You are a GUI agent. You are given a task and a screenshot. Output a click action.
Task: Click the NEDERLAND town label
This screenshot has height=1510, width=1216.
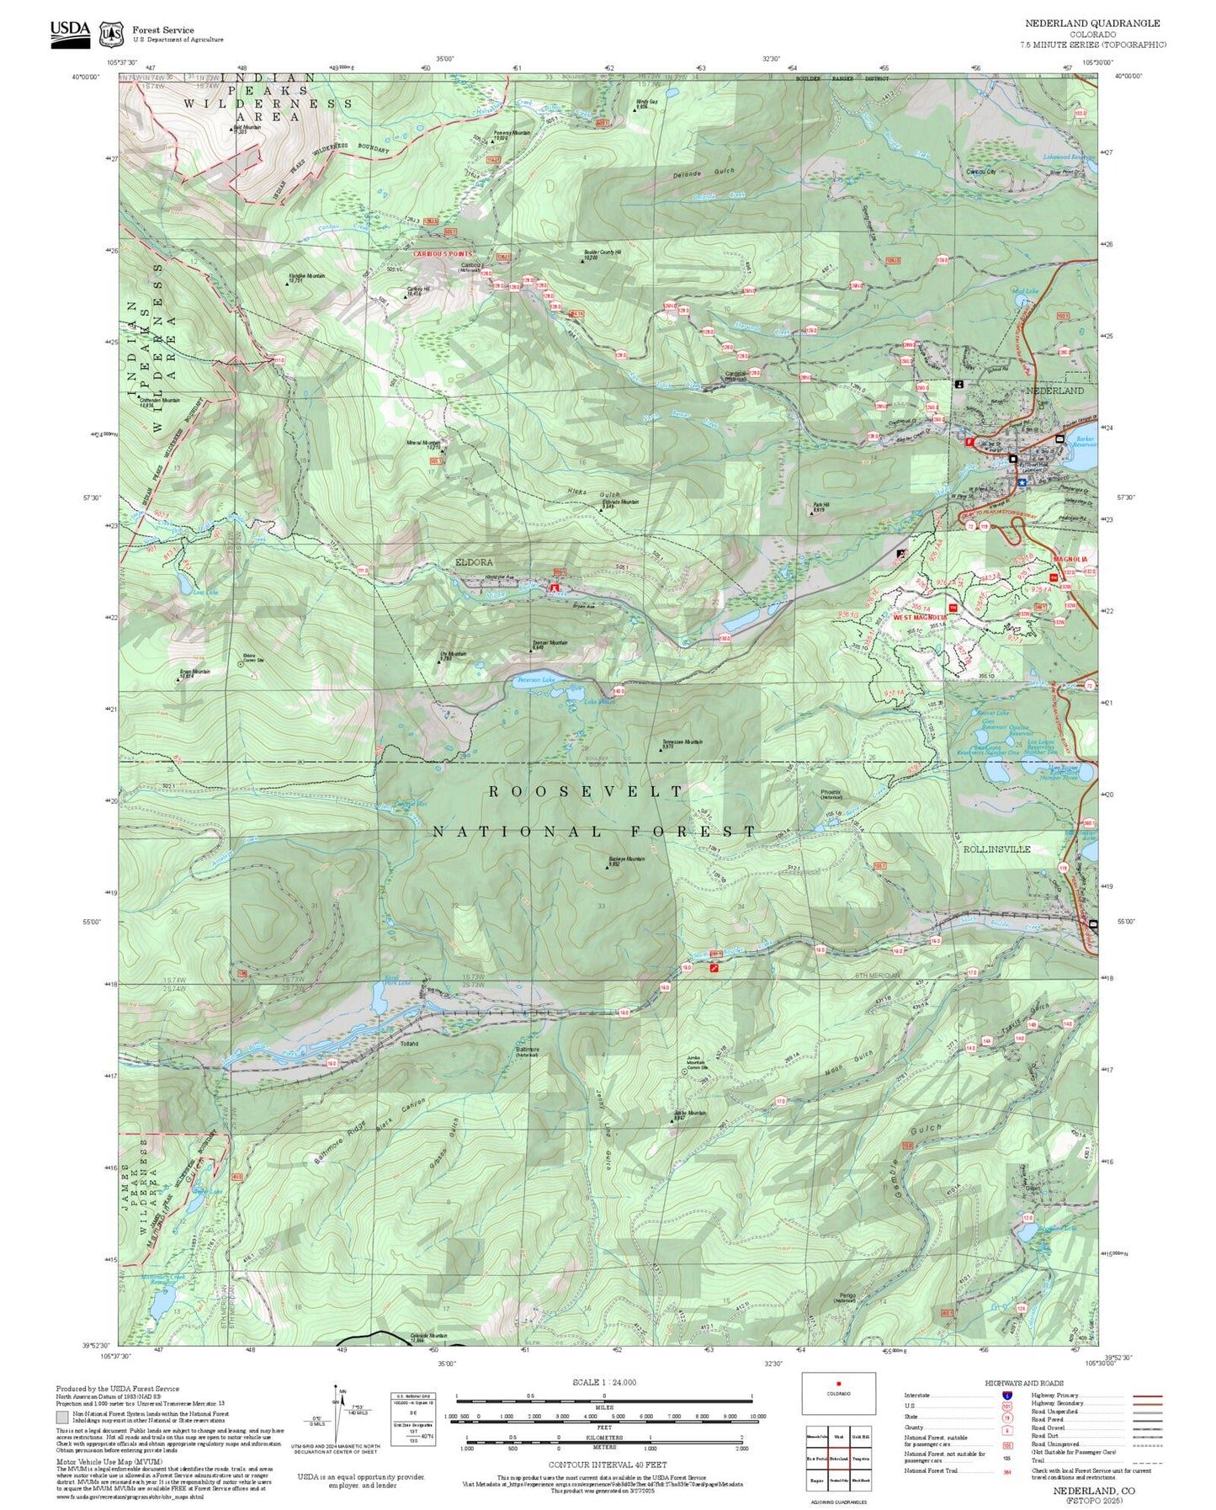tap(1054, 391)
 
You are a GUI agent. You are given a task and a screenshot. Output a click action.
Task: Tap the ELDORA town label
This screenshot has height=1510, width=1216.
tap(474, 561)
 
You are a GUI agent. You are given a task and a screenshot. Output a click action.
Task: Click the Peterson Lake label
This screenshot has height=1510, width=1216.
tap(536, 679)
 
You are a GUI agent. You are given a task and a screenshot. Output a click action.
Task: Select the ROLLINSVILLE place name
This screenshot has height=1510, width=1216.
tap(996, 849)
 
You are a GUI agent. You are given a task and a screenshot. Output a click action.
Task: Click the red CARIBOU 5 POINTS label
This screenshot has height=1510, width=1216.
tap(443, 253)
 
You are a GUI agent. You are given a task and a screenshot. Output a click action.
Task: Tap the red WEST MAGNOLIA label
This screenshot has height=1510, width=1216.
tap(920, 617)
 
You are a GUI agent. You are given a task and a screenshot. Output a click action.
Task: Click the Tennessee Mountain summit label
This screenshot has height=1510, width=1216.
tap(682, 743)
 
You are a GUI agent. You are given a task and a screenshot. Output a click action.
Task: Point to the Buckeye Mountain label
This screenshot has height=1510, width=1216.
tap(626, 860)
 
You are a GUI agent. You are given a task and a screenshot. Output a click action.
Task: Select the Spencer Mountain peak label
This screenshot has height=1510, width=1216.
tap(550, 644)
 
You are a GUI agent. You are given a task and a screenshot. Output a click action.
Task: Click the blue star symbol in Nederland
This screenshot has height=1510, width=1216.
tap(1022, 482)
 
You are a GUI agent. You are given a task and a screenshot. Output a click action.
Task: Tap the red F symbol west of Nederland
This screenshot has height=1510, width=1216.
tap(969, 441)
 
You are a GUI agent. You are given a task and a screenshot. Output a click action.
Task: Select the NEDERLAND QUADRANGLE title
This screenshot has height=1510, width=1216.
tap(1091, 24)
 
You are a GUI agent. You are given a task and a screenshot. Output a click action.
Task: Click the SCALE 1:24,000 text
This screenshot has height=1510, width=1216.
tap(603, 1382)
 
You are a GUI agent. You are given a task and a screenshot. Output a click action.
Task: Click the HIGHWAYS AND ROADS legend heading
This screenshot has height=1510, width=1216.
tap(1023, 1383)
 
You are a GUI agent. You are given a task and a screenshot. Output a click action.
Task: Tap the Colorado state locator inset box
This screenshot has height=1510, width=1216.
tap(837, 1393)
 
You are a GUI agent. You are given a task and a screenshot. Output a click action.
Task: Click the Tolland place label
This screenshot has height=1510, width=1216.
tap(409, 1044)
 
